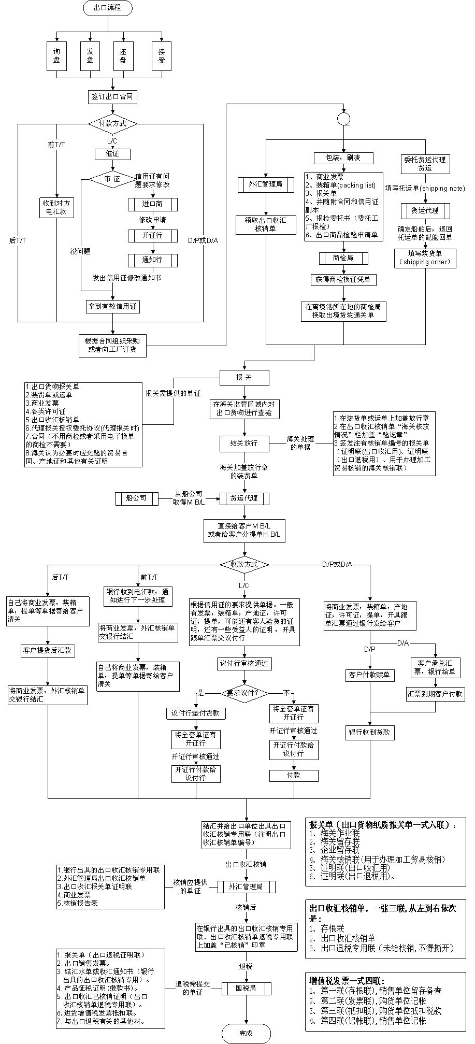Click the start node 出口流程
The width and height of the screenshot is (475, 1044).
pyautogui.click(x=108, y=7)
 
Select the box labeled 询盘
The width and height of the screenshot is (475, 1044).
pyautogui.click(x=56, y=56)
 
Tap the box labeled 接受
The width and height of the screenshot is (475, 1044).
pyautogui.click(x=162, y=56)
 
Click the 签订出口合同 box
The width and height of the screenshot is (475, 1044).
pyautogui.click(x=112, y=96)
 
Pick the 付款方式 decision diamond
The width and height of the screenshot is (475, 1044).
pyautogui.click(x=112, y=124)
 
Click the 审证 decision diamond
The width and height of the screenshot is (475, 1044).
pyautogui.click(x=112, y=179)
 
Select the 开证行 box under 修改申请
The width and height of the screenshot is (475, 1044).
pyautogui.click(x=153, y=235)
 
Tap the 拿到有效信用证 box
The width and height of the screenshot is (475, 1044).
pyautogui.click(x=112, y=306)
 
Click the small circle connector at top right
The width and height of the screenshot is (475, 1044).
pyautogui.click(x=343, y=119)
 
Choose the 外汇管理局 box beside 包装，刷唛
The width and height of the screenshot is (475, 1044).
pyautogui.click(x=265, y=184)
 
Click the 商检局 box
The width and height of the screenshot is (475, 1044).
pyautogui.click(x=343, y=258)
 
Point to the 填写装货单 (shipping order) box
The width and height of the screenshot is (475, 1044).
pyautogui.click(x=425, y=258)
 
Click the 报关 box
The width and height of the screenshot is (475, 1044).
pyautogui.click(x=244, y=378)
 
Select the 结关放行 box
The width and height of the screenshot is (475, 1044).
pyautogui.click(x=244, y=443)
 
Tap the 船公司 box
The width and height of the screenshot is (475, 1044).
pyautogui.click(x=136, y=498)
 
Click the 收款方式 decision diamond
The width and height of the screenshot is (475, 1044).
pyautogui.click(x=244, y=564)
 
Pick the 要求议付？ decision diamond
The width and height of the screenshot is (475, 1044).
pyautogui.click(x=244, y=693)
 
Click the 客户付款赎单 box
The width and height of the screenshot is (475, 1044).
pyautogui.click(x=369, y=675)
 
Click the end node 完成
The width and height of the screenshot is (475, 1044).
pyautogui.click(x=246, y=1033)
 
